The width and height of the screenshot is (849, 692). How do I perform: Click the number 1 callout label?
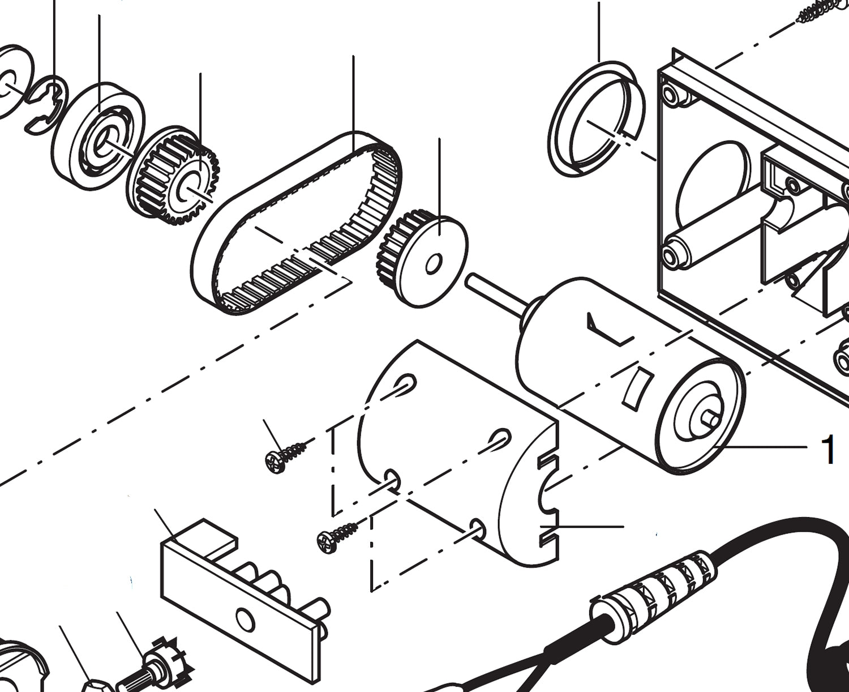[x=827, y=450]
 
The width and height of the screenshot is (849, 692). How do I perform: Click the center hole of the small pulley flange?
[x=434, y=263]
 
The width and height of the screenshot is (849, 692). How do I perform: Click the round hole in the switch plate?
[x=245, y=619]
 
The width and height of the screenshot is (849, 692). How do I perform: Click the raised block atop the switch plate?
[x=204, y=535]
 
